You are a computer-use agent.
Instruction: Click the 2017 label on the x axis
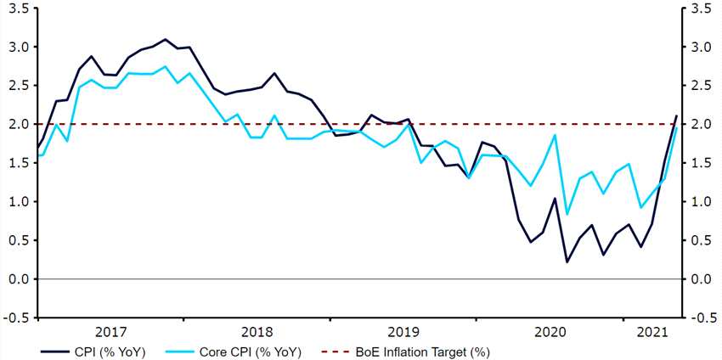(x=111, y=330)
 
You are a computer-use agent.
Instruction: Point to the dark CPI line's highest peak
(x=165, y=39)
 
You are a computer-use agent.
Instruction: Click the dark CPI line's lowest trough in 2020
(x=567, y=262)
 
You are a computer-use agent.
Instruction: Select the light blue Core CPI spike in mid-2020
(x=555, y=135)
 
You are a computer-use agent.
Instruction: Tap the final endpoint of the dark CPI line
(x=677, y=115)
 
